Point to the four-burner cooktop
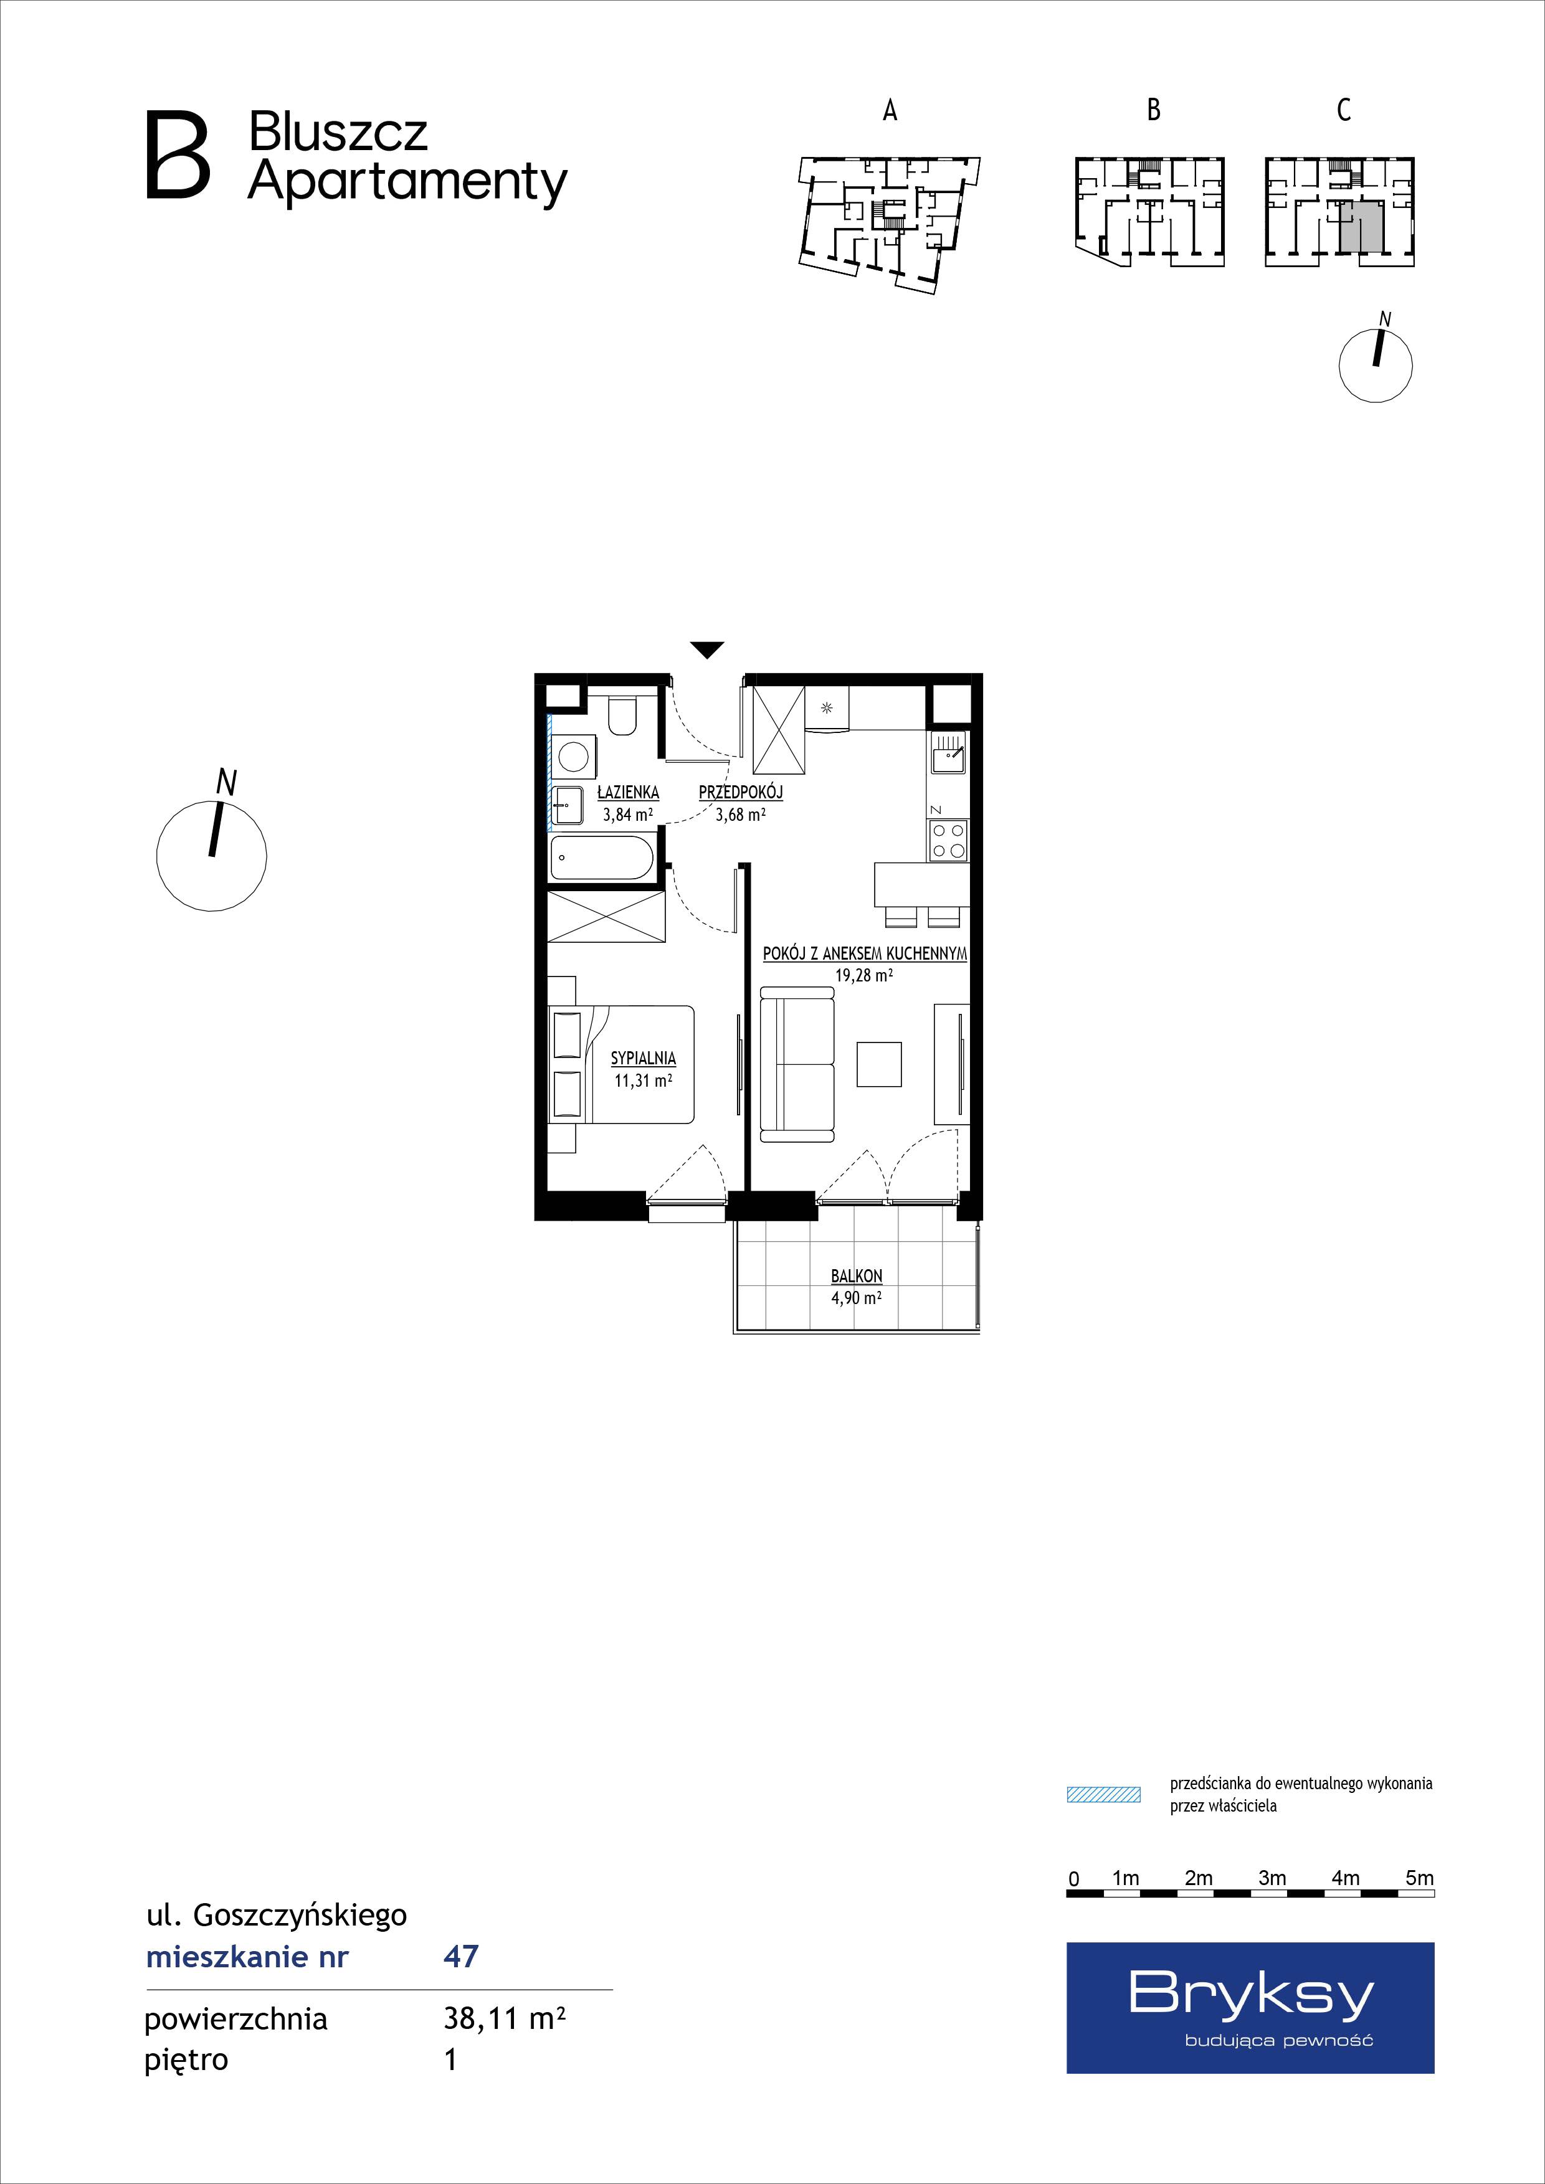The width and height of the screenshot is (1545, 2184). click(949, 840)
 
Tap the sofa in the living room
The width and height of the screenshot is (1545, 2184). click(797, 1062)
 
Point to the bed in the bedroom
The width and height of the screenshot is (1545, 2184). click(622, 1064)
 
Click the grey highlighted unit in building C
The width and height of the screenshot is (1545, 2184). click(1361, 227)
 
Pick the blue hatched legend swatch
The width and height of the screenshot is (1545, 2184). click(1103, 1795)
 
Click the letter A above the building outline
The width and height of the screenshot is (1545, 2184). click(890, 110)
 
